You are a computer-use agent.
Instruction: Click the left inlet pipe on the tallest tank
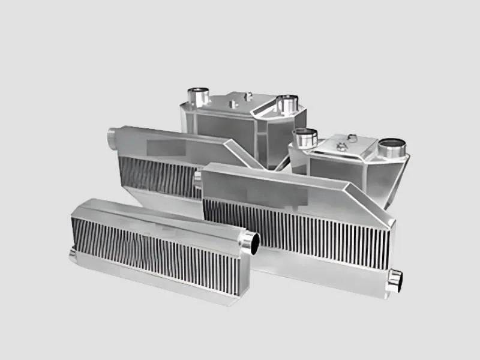[x=197, y=95]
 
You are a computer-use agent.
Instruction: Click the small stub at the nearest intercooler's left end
[x=73, y=255]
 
